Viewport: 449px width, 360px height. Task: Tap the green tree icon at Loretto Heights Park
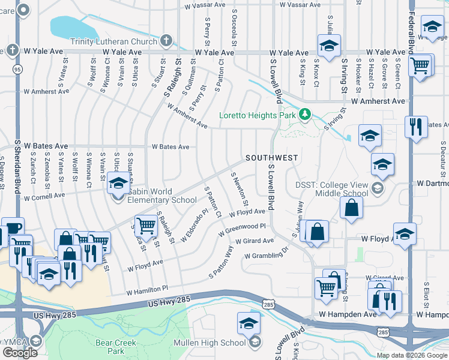tap(305, 113)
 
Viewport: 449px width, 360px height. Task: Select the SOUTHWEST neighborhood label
tap(272, 158)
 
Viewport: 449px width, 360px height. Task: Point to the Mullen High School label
tap(209, 343)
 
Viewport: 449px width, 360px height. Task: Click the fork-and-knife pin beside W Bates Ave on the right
tap(415, 127)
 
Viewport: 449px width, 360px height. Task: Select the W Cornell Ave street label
tap(44, 196)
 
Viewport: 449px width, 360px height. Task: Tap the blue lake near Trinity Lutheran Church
tap(72, 27)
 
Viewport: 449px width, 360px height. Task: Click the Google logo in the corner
tap(20, 353)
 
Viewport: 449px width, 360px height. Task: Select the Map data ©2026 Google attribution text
tap(411, 355)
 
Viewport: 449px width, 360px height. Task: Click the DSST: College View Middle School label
tap(331, 190)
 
